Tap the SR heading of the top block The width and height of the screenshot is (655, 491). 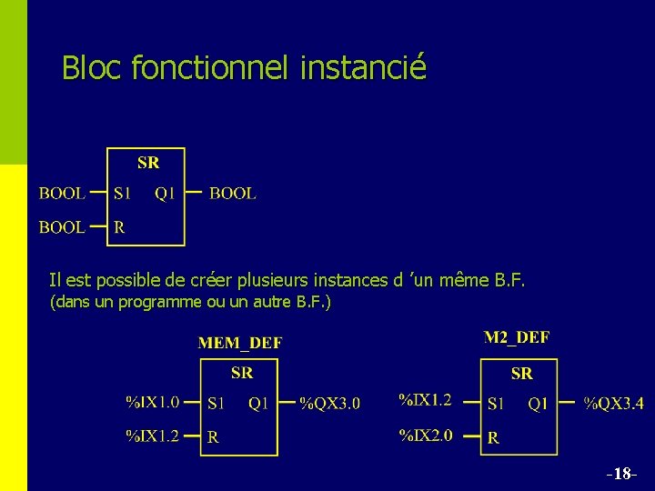(x=148, y=163)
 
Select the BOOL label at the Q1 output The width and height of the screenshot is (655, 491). (x=233, y=193)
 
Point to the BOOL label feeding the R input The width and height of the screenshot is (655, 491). (x=62, y=227)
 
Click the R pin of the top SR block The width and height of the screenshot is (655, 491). (x=119, y=227)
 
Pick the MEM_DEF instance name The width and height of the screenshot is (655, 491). (x=240, y=343)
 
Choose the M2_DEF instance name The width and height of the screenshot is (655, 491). (x=517, y=337)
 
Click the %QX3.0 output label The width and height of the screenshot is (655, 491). (x=330, y=403)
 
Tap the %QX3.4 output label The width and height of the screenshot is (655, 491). (x=613, y=403)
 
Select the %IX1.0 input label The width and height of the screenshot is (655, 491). (x=152, y=401)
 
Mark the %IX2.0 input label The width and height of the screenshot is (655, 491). (x=426, y=436)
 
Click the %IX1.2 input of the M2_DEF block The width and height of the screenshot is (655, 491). (x=426, y=399)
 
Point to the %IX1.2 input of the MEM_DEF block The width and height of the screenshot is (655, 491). (x=152, y=436)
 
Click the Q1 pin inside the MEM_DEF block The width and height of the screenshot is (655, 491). (x=258, y=403)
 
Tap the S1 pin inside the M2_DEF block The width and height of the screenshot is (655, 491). (x=496, y=403)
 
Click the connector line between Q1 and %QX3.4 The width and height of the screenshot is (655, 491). (x=567, y=402)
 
